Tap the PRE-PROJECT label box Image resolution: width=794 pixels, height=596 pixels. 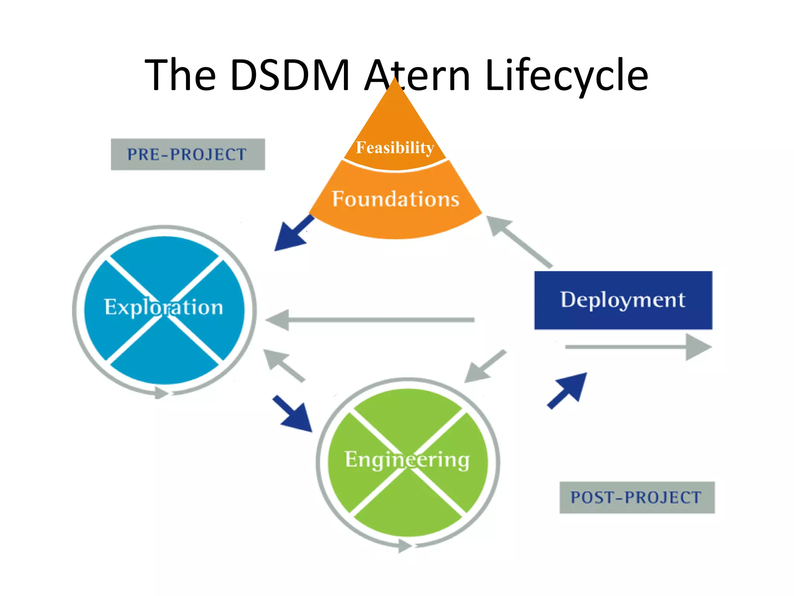pyautogui.click(x=188, y=154)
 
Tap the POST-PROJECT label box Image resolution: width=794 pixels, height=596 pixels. pyautogui.click(x=637, y=497)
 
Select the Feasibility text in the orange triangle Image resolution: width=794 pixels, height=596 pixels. pyautogui.click(x=395, y=147)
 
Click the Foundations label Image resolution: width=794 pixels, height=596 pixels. pyautogui.click(x=395, y=199)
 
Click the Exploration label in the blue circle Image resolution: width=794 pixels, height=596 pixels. pyautogui.click(x=164, y=307)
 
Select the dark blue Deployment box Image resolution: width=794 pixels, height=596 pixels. pyautogui.click(x=623, y=300)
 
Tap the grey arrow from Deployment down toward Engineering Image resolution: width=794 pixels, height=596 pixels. pyautogui.click(x=485, y=366)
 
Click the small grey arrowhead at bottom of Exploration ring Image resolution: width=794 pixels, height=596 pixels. pyautogui.click(x=161, y=393)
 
